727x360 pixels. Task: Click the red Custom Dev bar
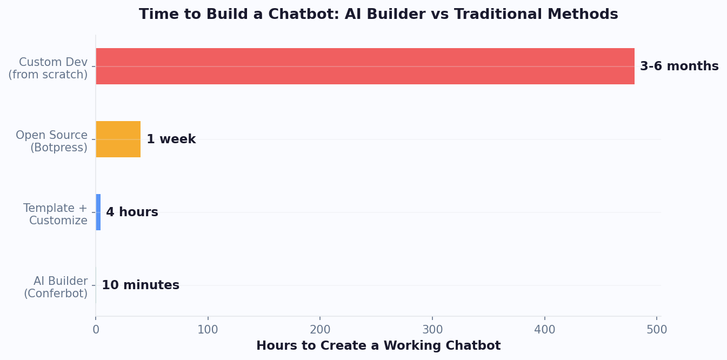pyautogui.click(x=365, y=66)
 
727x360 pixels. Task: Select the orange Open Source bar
pyautogui.click(x=118, y=139)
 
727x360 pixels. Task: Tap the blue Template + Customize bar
pyautogui.click(x=98, y=212)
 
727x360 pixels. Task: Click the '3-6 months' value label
pyautogui.click(x=679, y=66)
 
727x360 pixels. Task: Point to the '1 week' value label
pyautogui.click(x=171, y=139)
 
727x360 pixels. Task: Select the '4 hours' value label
pyautogui.click(x=132, y=212)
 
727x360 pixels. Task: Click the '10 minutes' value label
pyautogui.click(x=141, y=285)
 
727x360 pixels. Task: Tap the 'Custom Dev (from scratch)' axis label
pyautogui.click(x=49, y=69)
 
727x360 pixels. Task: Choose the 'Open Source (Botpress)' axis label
pyautogui.click(x=52, y=142)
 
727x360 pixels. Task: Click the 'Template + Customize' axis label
pyautogui.click(x=56, y=215)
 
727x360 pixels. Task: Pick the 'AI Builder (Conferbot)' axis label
pyautogui.click(x=56, y=288)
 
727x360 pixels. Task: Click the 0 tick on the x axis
pyautogui.click(x=96, y=329)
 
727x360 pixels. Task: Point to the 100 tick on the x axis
pyautogui.click(x=208, y=329)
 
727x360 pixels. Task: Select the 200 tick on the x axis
pyautogui.click(x=320, y=329)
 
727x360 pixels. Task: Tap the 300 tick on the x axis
pyautogui.click(x=432, y=329)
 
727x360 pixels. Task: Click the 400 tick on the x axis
pyautogui.click(x=545, y=329)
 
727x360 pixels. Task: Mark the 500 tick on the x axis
pyautogui.click(x=657, y=329)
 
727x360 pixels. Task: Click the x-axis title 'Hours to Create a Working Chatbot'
pyautogui.click(x=378, y=346)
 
